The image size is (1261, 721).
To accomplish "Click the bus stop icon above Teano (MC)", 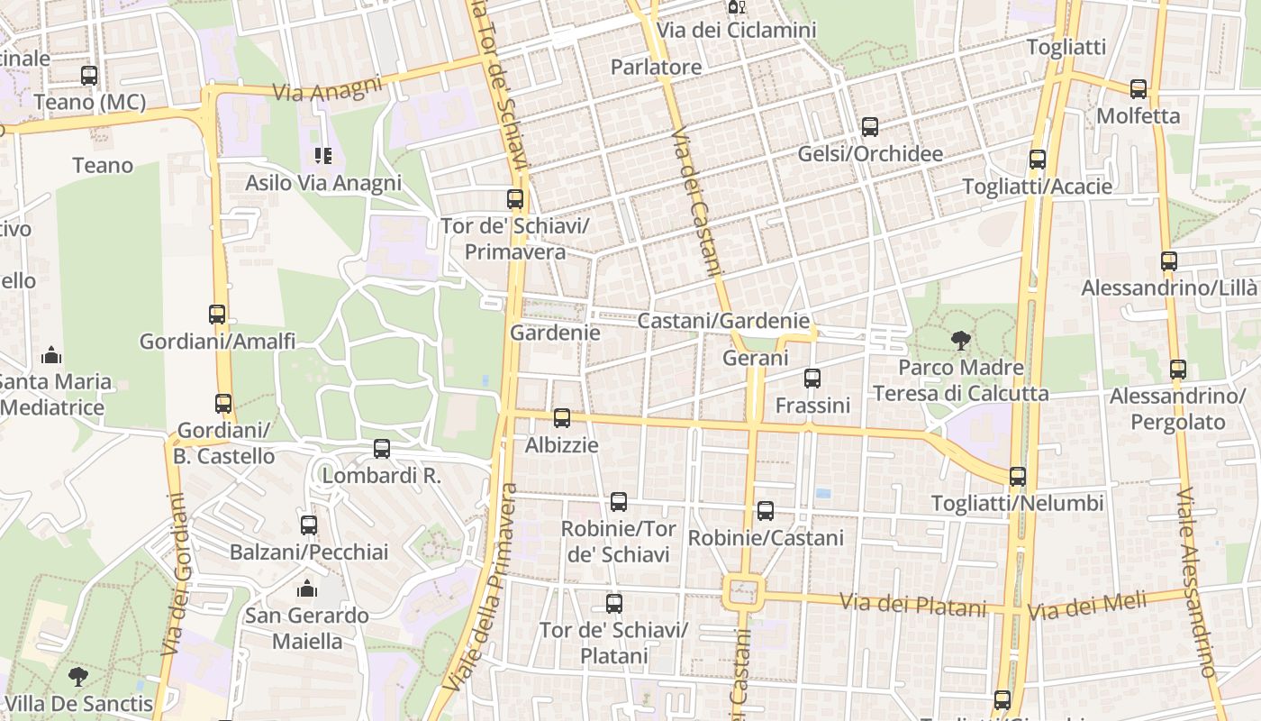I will pyautogui.click(x=88, y=76).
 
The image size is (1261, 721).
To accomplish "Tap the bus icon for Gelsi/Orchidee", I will pyautogui.click(x=869, y=127).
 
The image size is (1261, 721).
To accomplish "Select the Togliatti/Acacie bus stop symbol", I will pyautogui.click(x=1037, y=160).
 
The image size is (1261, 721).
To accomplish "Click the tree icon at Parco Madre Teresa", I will pyautogui.click(x=960, y=340).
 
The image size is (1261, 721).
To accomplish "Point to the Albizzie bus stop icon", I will pyautogui.click(x=562, y=418).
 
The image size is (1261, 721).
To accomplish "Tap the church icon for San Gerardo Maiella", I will pyautogui.click(x=307, y=589).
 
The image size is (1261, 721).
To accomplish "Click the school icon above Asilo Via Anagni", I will pyautogui.click(x=323, y=156).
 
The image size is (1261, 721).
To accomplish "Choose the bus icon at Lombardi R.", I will pyautogui.click(x=382, y=449).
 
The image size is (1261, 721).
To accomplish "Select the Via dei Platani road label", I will pyautogui.click(x=913, y=605).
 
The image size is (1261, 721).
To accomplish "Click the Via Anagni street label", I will pyautogui.click(x=314, y=91).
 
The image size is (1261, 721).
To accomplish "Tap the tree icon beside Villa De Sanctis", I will pyautogui.click(x=78, y=676).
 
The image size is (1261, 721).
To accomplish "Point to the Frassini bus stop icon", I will pyautogui.click(x=812, y=379).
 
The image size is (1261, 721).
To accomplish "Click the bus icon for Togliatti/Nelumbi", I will pyautogui.click(x=1018, y=477).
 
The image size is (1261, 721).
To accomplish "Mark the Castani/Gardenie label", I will pyautogui.click(x=723, y=321).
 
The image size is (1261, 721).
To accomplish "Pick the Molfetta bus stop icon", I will pyautogui.click(x=1139, y=89).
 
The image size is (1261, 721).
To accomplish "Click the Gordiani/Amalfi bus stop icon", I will pyautogui.click(x=217, y=315).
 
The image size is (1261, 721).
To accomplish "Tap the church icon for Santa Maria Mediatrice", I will pyautogui.click(x=52, y=354).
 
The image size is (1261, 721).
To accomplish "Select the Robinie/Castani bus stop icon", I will pyautogui.click(x=766, y=511).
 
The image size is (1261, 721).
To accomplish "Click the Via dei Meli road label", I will pyautogui.click(x=1087, y=605).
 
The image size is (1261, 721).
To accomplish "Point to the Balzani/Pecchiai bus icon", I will pyautogui.click(x=309, y=525).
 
